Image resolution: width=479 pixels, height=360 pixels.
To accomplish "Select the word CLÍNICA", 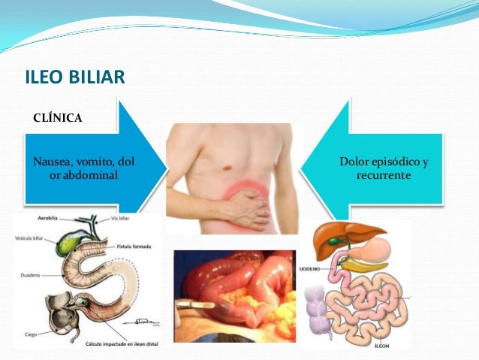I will point(58,117).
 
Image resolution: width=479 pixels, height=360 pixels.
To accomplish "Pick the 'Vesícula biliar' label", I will point(31,236).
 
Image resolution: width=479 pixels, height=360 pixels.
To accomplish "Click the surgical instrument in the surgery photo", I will point(197,307).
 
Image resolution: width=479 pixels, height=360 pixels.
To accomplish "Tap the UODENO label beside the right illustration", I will point(311,268).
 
